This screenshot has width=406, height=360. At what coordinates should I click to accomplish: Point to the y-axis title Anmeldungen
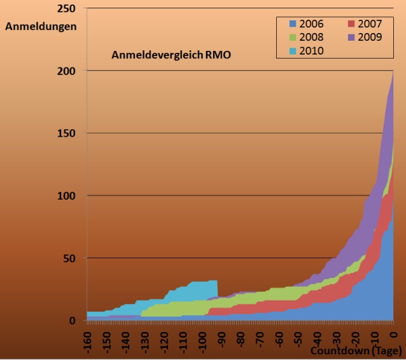pos(41,27)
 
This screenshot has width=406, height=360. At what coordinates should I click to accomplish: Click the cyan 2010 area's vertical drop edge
pos(218,288)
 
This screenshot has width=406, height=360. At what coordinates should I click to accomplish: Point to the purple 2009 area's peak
pos(393,71)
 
